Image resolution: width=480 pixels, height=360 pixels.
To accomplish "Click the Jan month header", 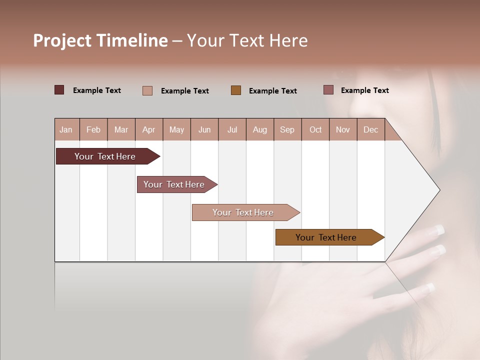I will click(x=66, y=129).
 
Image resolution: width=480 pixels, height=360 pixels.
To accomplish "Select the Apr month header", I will click(x=148, y=129).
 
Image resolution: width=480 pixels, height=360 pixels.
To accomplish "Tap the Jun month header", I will click(x=204, y=129).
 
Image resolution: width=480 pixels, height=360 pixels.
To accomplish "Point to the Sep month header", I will click(x=287, y=129).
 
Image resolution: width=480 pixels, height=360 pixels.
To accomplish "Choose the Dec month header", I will click(x=370, y=129).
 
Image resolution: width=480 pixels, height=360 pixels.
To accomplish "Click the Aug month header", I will click(x=259, y=129).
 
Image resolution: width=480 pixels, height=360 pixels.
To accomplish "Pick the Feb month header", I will click(x=93, y=129).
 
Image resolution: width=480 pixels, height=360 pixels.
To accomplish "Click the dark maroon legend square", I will click(x=59, y=90).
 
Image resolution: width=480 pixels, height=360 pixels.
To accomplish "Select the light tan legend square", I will click(x=147, y=90).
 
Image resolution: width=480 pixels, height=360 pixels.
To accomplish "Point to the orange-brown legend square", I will click(x=235, y=90).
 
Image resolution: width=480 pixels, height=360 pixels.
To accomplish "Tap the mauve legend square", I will click(x=328, y=90).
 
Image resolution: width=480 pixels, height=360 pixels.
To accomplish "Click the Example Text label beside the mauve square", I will click(x=364, y=90).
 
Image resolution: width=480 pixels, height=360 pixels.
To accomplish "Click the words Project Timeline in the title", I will click(x=100, y=40).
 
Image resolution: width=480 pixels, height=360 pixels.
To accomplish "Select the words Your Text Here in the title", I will click(x=247, y=40).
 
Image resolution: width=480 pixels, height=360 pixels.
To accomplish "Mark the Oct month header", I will click(x=315, y=129).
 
